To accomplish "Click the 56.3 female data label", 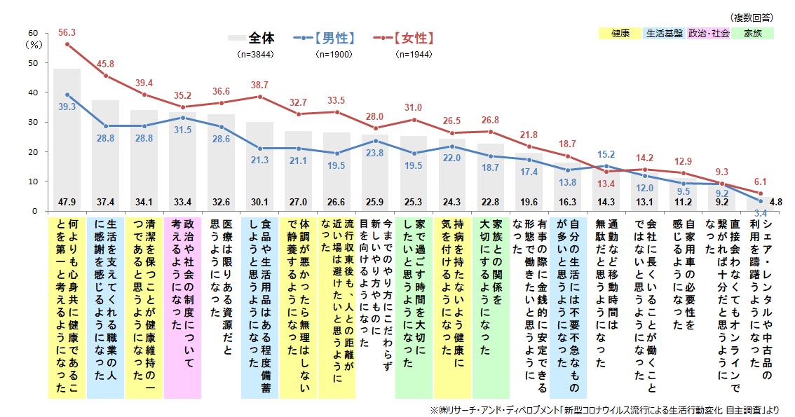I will [67, 32].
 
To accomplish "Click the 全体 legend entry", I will [261, 38].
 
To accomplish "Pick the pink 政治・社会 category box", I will [709, 33].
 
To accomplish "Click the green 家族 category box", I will [753, 33].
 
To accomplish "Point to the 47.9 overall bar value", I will [67, 202].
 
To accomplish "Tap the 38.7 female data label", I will [259, 84].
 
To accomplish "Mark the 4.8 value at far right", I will [775, 202].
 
